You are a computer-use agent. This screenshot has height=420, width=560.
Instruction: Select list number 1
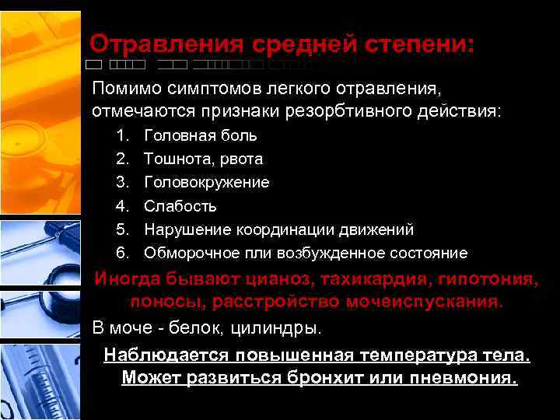pyautogui.click(x=121, y=135)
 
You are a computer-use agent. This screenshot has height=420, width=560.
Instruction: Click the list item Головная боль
pyautogui.click(x=201, y=135)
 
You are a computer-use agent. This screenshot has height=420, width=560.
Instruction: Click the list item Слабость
pyautogui.click(x=180, y=206)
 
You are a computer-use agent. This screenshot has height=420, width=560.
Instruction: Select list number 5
pyautogui.click(x=121, y=229)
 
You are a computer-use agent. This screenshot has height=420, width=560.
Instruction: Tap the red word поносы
pyautogui.click(x=163, y=301)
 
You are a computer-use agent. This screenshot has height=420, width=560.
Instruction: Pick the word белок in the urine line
pyautogui.click(x=203, y=326)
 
